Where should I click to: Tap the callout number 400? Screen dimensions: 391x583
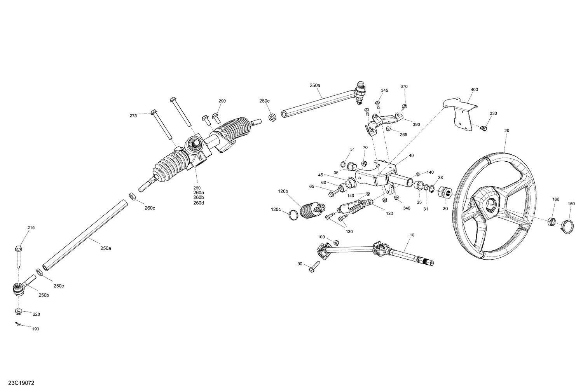point(474,90)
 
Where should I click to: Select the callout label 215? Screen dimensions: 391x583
point(31,227)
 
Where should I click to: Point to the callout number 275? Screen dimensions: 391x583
point(133,115)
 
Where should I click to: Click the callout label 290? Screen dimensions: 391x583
point(222,101)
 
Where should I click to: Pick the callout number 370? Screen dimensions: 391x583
point(404,86)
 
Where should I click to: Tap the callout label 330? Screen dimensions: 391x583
point(493,113)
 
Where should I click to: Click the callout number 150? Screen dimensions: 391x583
point(571,204)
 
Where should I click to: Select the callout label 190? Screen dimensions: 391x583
point(35,329)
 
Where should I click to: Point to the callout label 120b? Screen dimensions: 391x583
point(283,191)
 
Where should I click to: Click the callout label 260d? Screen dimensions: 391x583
point(198,203)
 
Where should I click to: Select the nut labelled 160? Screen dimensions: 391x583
point(551,222)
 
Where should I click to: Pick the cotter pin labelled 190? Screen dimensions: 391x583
point(17,324)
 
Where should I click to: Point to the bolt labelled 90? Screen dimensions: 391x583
point(313,267)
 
